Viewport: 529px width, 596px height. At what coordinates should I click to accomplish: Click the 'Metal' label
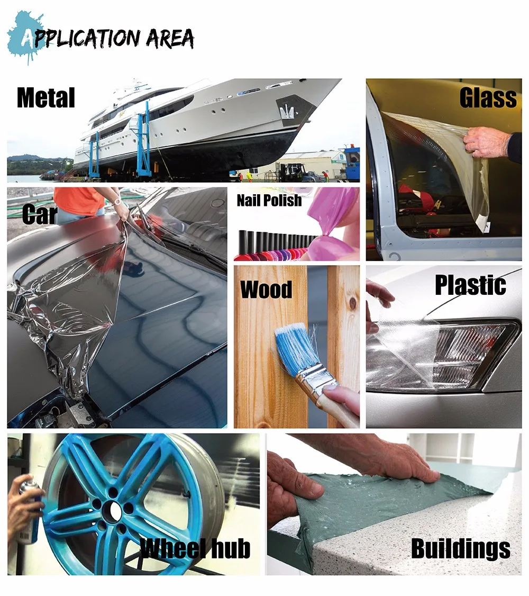click(46, 98)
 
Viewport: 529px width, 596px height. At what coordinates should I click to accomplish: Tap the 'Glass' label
click(487, 98)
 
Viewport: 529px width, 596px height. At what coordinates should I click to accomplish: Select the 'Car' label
click(40, 214)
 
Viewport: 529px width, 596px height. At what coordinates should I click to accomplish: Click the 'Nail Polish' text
click(269, 201)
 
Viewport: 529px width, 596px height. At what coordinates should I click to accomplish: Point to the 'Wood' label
click(266, 290)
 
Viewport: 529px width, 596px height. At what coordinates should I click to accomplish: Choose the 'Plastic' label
click(470, 285)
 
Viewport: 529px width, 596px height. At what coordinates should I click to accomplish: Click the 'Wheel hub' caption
click(195, 549)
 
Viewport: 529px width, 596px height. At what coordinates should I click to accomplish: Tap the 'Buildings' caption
click(461, 549)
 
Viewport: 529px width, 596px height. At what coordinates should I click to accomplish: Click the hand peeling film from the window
click(487, 142)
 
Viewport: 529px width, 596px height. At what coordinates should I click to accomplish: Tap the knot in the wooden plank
click(351, 303)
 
